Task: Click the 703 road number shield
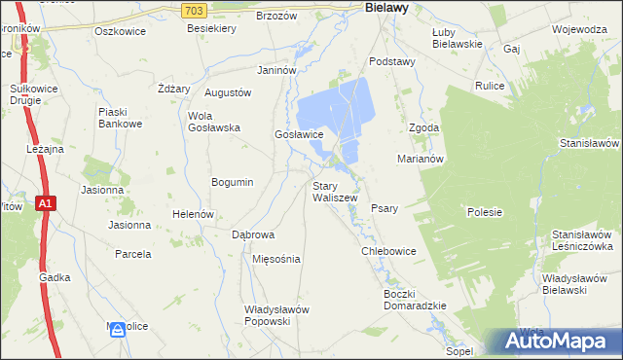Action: [194, 10]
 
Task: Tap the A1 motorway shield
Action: [45, 202]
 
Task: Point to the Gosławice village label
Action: [299, 134]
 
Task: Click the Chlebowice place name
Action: [388, 251]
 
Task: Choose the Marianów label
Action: [421, 158]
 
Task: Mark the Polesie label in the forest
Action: [484, 211]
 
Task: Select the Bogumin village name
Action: [233, 182]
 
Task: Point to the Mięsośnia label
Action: [276, 260]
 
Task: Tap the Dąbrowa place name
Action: [253, 235]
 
